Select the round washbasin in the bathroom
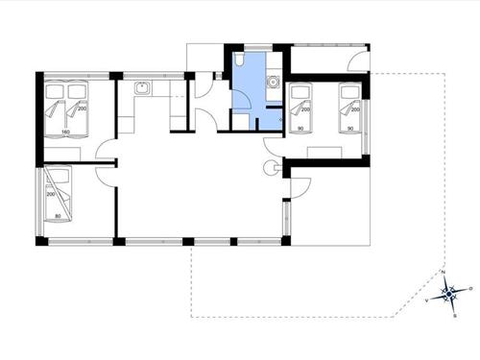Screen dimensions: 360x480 [x=273, y=84]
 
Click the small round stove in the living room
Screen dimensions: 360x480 [x=270, y=169]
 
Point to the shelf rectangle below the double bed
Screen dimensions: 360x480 [x=65, y=152]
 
